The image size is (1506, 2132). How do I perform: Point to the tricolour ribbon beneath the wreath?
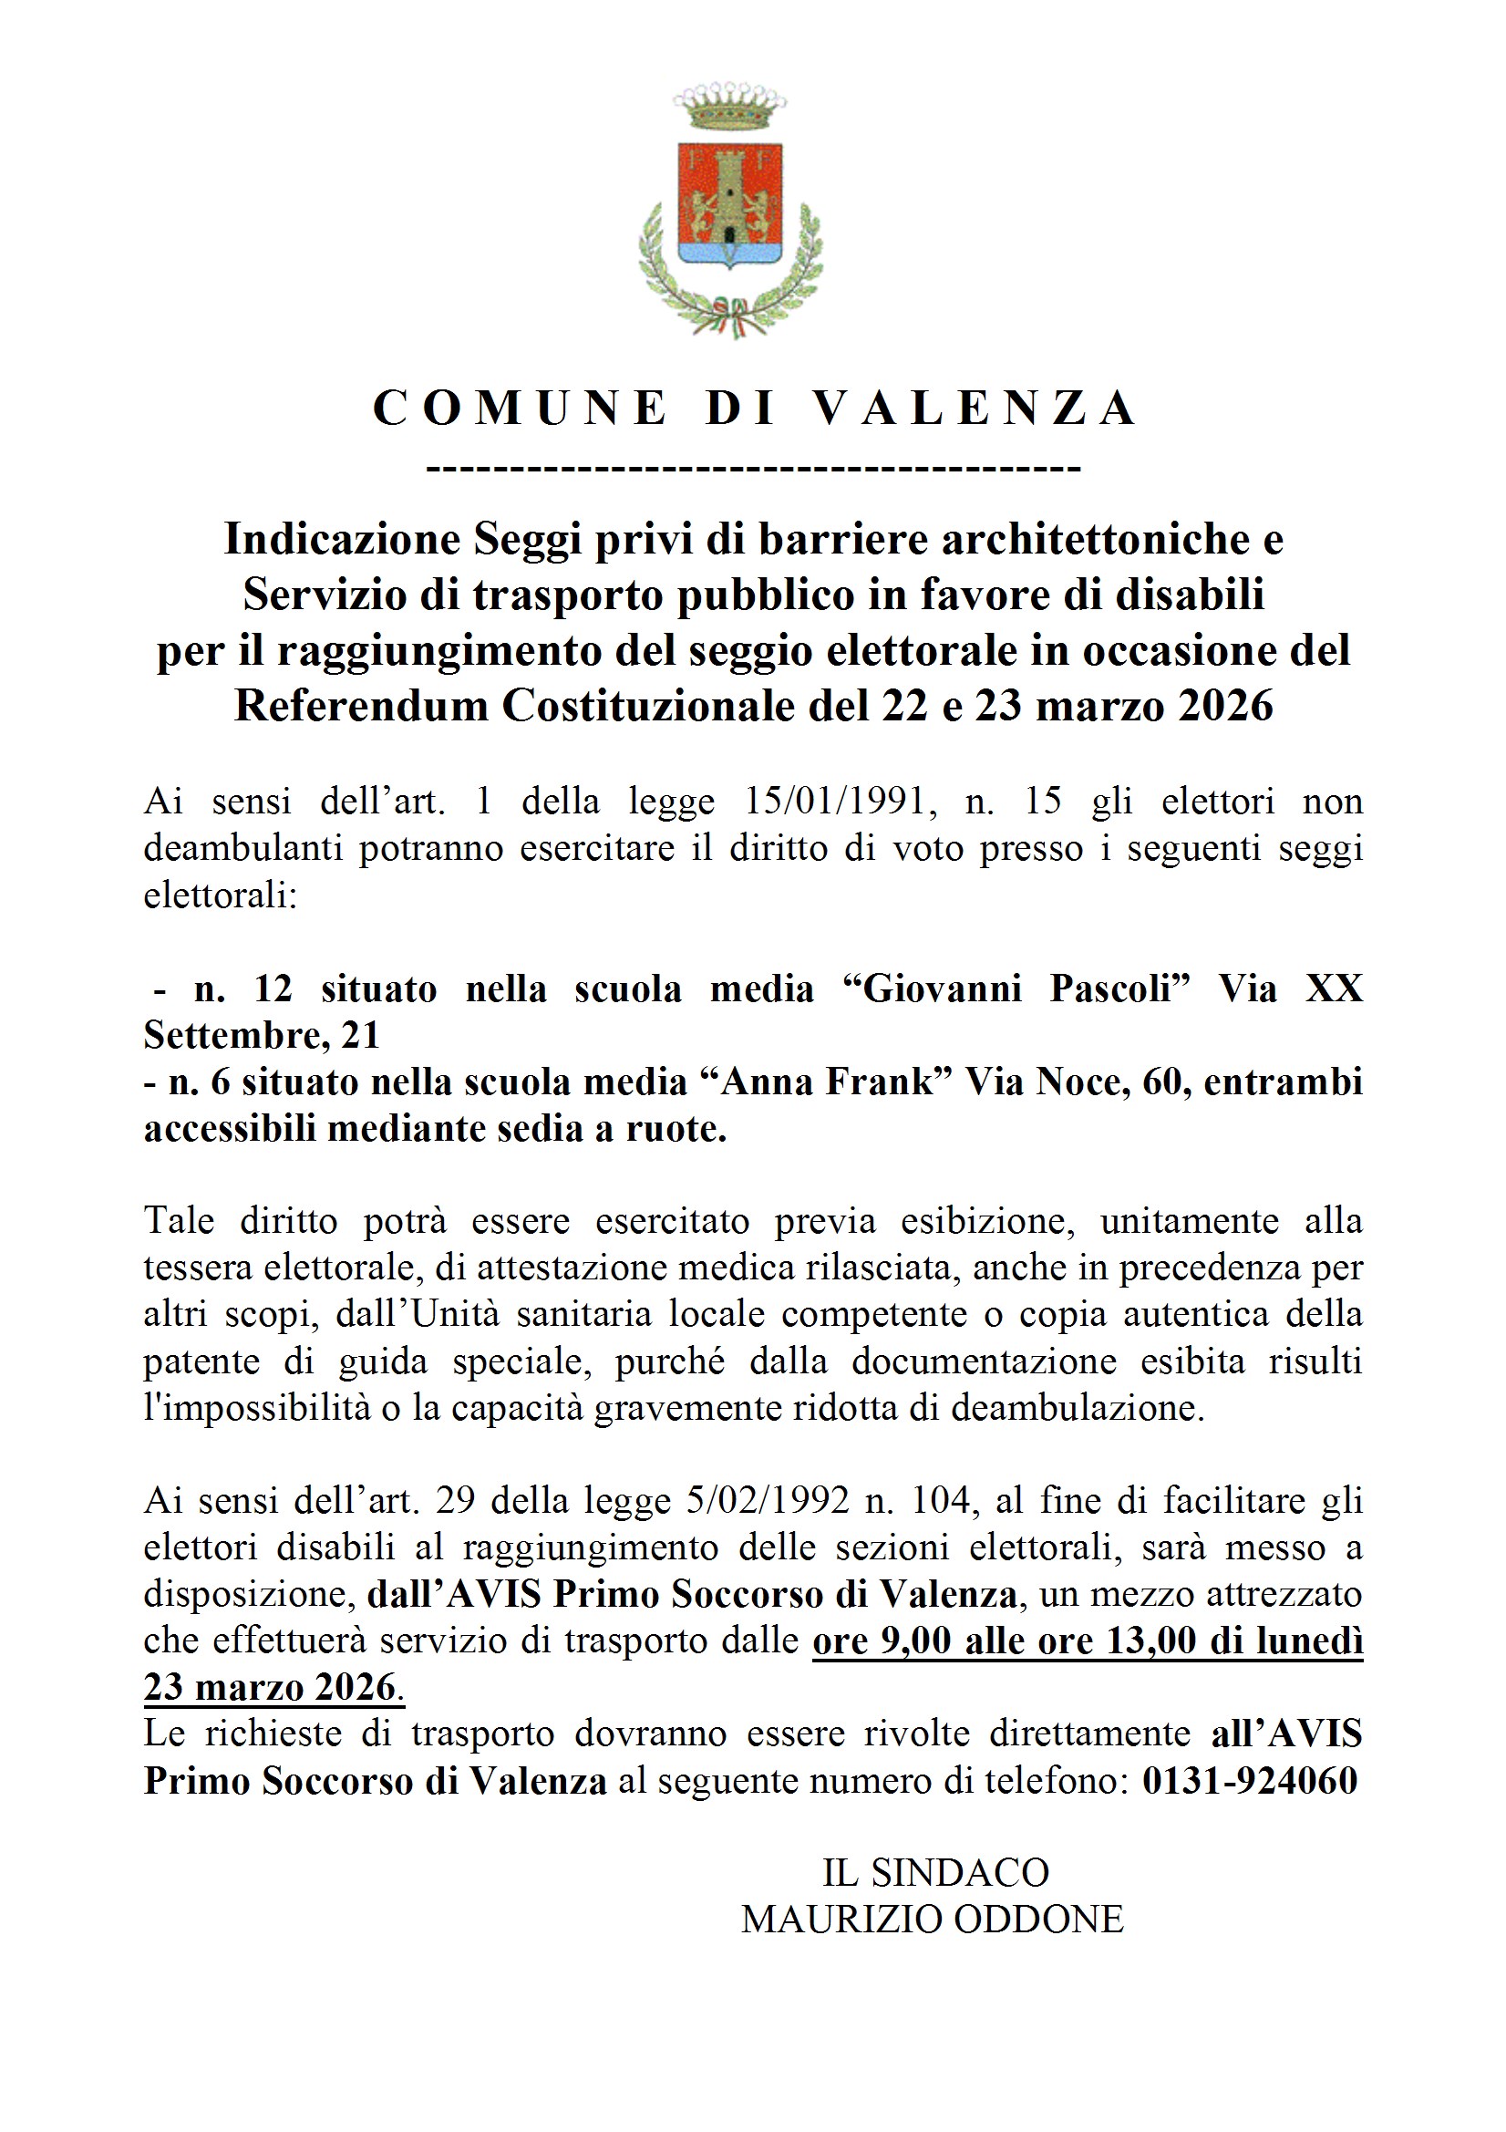pyautogui.click(x=731, y=315)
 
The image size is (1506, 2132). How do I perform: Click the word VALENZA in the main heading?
pyautogui.click(x=975, y=408)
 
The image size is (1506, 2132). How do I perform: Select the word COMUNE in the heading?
pyautogui.click(x=519, y=408)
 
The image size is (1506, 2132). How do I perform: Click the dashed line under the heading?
pyautogui.click(x=754, y=467)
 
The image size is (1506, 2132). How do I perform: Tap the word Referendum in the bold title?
pyautogui.click(x=361, y=706)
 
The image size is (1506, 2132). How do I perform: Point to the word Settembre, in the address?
pyautogui.click(x=236, y=1035)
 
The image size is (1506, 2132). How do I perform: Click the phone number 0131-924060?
pyautogui.click(x=1250, y=1781)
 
